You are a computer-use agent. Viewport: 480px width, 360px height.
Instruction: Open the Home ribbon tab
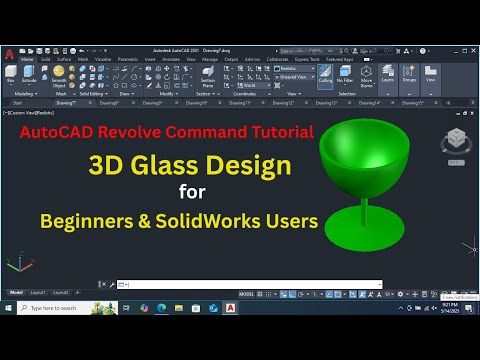click(26, 59)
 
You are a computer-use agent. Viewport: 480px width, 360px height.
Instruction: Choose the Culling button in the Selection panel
click(326, 77)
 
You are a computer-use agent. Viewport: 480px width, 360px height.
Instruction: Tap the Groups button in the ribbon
click(408, 76)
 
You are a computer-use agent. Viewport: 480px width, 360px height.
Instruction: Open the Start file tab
click(17, 102)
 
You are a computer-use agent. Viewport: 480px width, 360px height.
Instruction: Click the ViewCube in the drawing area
click(455, 137)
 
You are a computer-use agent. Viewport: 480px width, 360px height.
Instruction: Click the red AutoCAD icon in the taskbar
click(231, 308)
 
